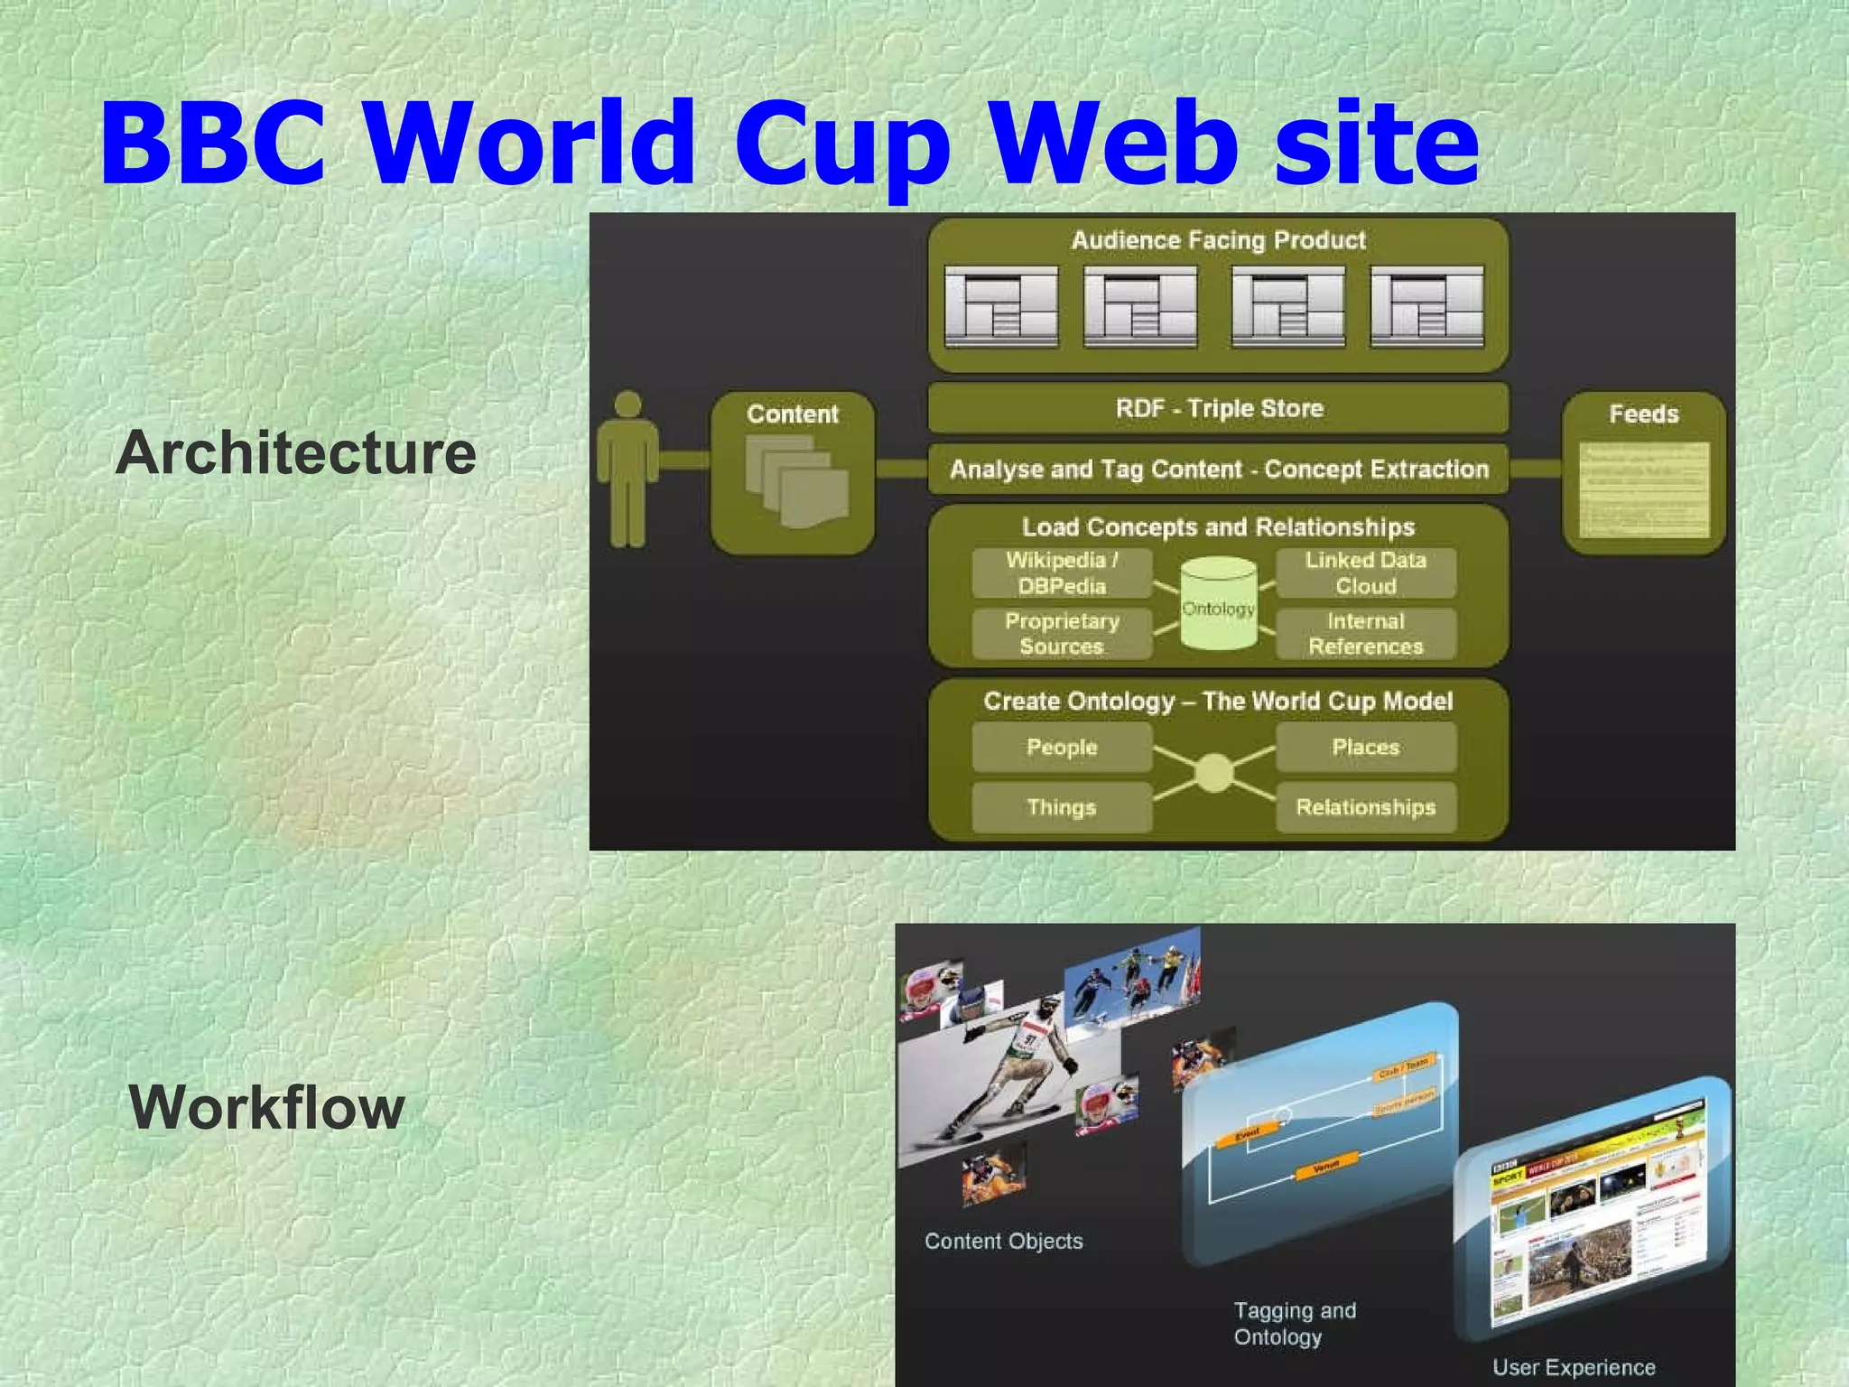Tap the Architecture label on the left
[296, 452]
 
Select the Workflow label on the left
[266, 1107]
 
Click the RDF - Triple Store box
[1219, 408]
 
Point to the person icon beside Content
[627, 469]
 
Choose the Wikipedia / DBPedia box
[1062, 573]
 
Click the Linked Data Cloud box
[1365, 573]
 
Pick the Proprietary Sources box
[1062, 634]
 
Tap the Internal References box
[1365, 634]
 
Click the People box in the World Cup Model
[1062, 748]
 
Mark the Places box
[1365, 748]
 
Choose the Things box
[1062, 807]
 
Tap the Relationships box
[1365, 807]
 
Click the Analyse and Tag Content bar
[1219, 469]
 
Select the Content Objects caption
[1003, 1242]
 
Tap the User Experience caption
[1574, 1367]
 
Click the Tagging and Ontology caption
[1294, 1323]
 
